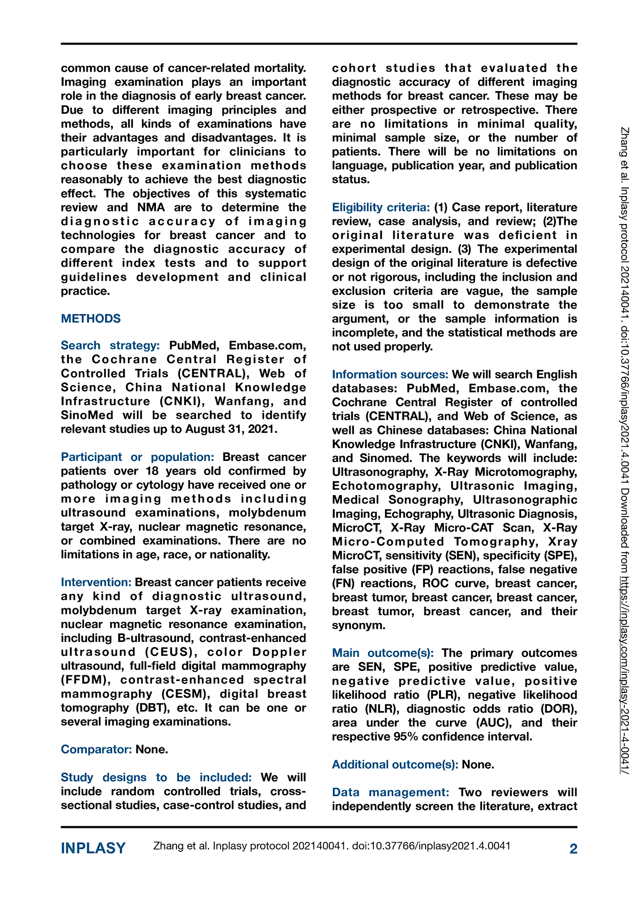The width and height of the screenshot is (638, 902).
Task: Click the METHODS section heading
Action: click(x=91, y=319)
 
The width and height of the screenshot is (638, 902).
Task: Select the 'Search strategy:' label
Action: click(x=110, y=345)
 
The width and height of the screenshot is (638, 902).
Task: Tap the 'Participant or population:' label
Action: click(x=137, y=457)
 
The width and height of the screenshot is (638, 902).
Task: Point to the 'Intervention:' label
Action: click(x=96, y=582)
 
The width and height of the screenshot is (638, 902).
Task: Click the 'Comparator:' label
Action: click(x=96, y=749)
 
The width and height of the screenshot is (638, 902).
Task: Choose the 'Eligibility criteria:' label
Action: click(x=380, y=207)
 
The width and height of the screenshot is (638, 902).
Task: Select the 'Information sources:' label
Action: click(x=390, y=374)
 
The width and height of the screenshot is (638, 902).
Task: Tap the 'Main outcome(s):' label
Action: click(x=382, y=653)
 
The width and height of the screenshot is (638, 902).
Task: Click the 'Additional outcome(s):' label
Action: click(x=395, y=764)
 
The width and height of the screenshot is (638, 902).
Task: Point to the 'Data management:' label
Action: click(x=390, y=792)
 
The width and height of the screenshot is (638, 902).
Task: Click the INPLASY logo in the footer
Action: click(x=93, y=848)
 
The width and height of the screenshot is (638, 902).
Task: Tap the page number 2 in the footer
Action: click(x=573, y=848)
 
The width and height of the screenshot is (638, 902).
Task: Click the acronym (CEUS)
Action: click(x=169, y=652)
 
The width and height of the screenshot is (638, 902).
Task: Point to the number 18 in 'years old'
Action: click(x=152, y=471)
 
